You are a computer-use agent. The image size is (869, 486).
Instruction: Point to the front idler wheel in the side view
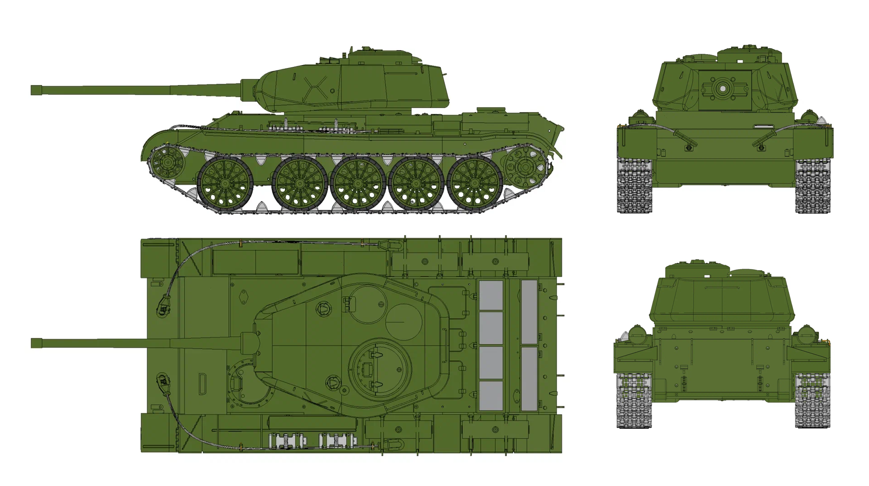click(167, 162)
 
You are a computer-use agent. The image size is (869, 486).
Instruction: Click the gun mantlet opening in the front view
click(722, 89)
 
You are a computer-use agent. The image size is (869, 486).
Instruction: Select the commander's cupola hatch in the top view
click(380, 369)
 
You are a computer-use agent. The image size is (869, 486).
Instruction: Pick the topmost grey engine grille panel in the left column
click(491, 295)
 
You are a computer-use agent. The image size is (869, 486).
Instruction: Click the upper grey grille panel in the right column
click(529, 312)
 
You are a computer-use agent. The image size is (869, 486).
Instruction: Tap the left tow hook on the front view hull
click(688, 147)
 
